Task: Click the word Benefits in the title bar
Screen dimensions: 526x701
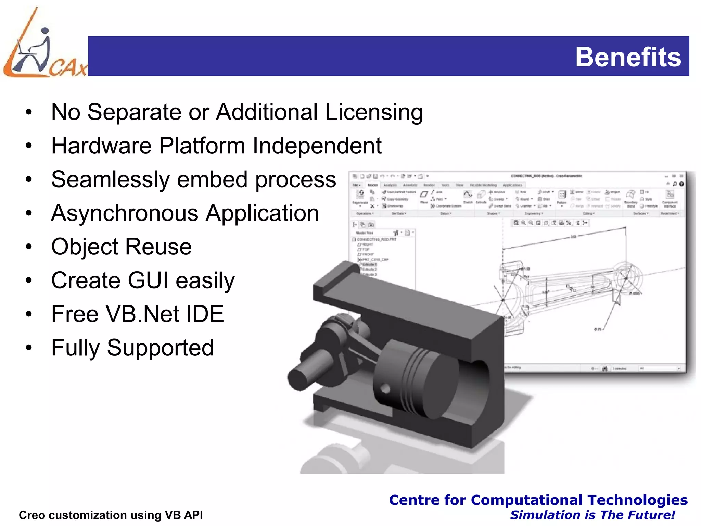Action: (628, 57)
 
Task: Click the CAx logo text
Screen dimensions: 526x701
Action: (68, 67)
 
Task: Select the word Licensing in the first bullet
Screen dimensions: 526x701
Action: (374, 112)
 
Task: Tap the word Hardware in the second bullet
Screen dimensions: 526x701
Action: (101, 146)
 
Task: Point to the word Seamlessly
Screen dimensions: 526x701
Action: (110, 179)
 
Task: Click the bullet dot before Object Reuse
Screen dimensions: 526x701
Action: (29, 247)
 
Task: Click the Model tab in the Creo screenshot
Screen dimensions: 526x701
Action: (372, 185)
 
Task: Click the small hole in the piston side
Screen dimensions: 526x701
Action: (386, 389)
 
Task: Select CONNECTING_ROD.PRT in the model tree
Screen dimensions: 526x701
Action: (376, 239)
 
